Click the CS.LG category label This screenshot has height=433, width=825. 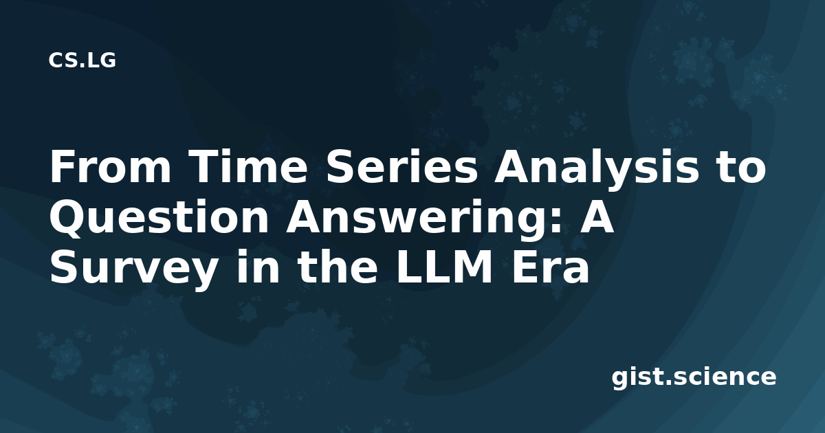(82, 60)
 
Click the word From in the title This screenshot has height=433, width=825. (111, 166)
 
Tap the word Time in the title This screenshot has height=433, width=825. (250, 166)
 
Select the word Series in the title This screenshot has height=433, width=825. (401, 166)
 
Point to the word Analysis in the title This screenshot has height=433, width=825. (595, 169)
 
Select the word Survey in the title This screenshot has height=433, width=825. (133, 269)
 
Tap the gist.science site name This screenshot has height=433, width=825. (694, 378)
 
